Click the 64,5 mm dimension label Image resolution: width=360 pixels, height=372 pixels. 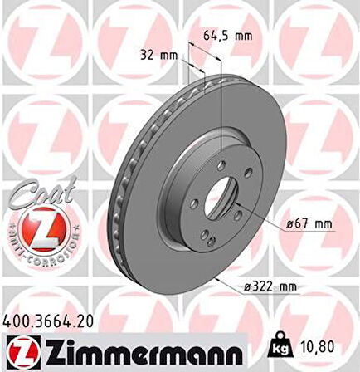[x=228, y=36]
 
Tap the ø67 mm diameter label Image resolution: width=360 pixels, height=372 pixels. [x=289, y=222]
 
